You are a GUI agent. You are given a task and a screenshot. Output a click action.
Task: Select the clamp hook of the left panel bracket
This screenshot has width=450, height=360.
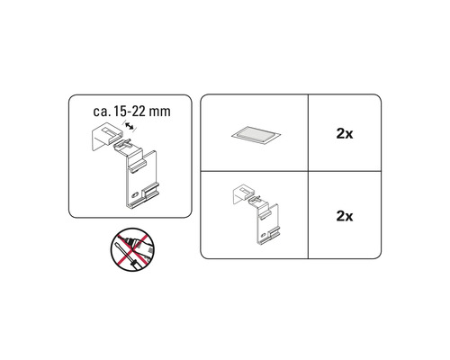tap(105, 137)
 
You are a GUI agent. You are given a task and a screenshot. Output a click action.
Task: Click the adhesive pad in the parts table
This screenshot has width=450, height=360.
tap(253, 134)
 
